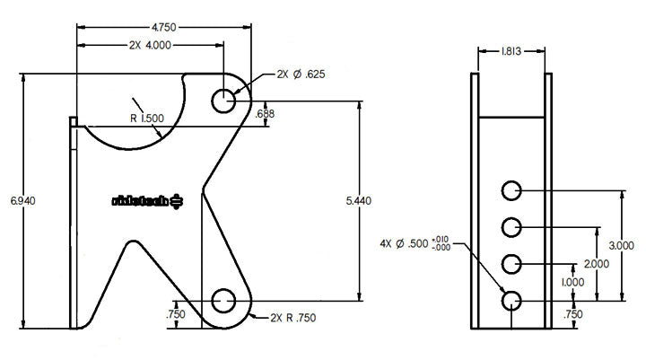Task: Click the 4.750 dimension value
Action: [164, 27]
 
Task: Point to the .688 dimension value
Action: [266, 113]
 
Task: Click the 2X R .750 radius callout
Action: [292, 317]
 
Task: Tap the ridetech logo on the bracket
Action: [147, 201]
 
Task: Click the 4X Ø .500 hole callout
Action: [405, 242]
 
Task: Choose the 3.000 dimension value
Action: [622, 244]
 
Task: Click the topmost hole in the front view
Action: [511, 191]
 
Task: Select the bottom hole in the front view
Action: [511, 300]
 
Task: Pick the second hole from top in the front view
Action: [511, 226]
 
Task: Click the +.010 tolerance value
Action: [441, 238]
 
